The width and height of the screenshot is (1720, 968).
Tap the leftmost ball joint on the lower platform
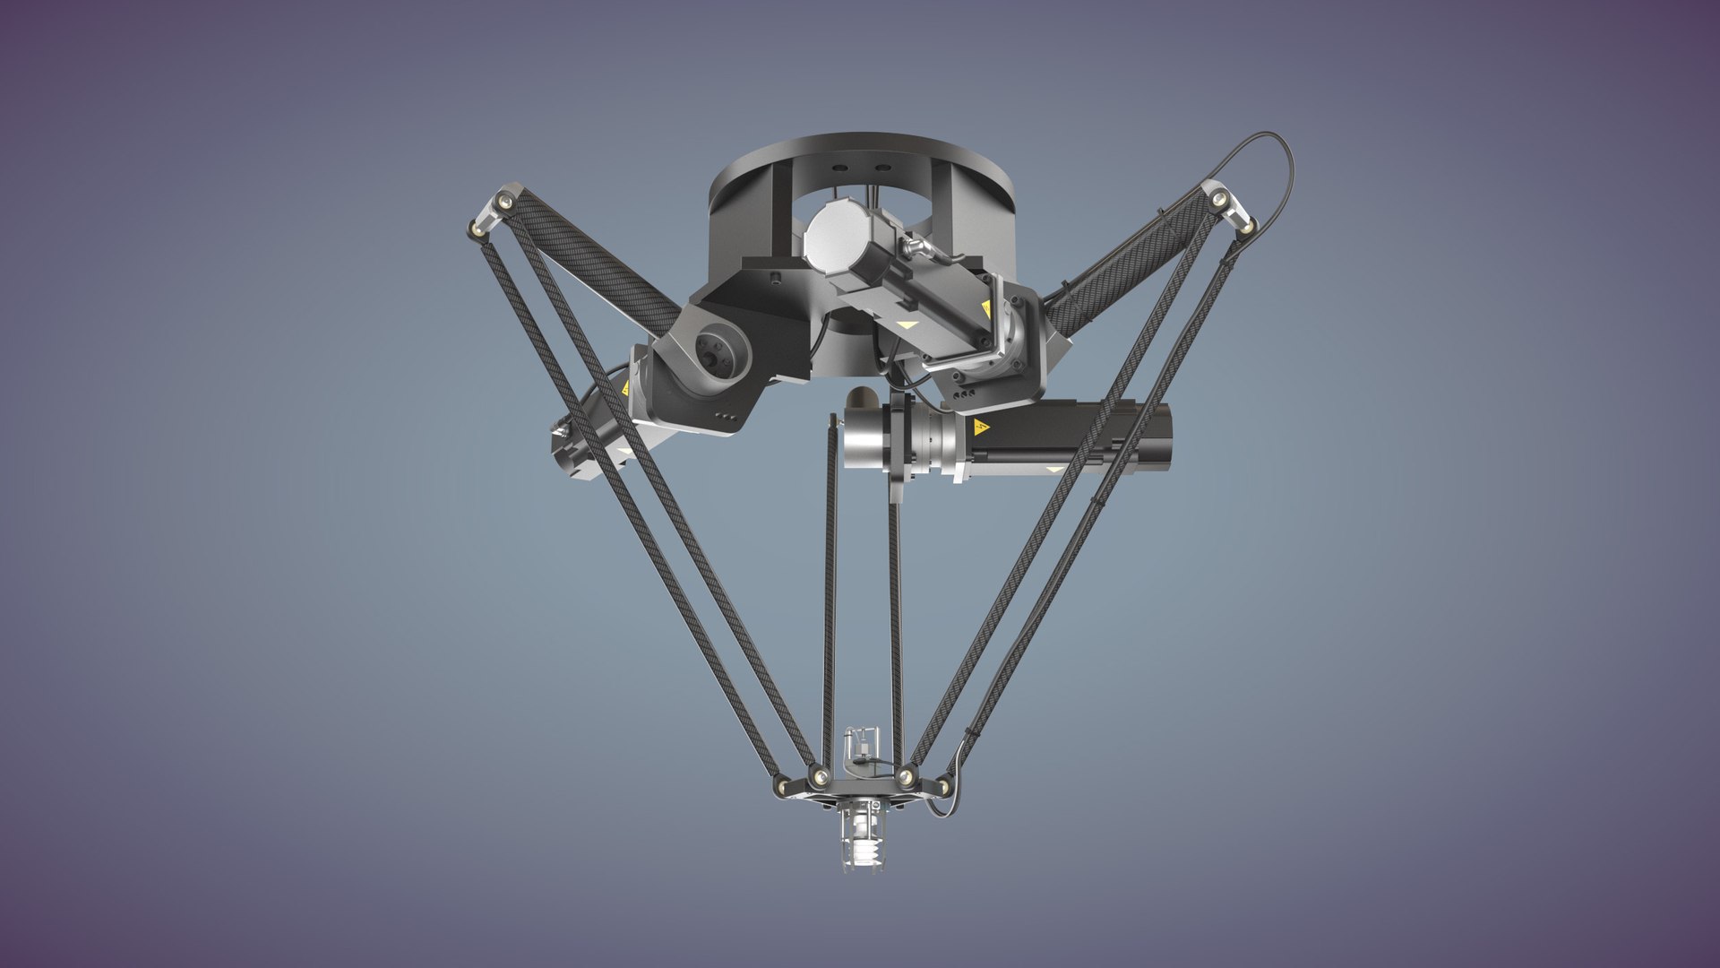click(x=782, y=786)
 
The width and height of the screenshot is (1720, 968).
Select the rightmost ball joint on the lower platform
click(x=942, y=787)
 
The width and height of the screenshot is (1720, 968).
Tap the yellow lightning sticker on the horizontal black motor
click(x=981, y=427)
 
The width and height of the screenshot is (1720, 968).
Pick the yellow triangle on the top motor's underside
click(x=907, y=326)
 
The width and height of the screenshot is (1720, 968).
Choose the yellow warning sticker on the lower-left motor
click(x=624, y=390)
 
